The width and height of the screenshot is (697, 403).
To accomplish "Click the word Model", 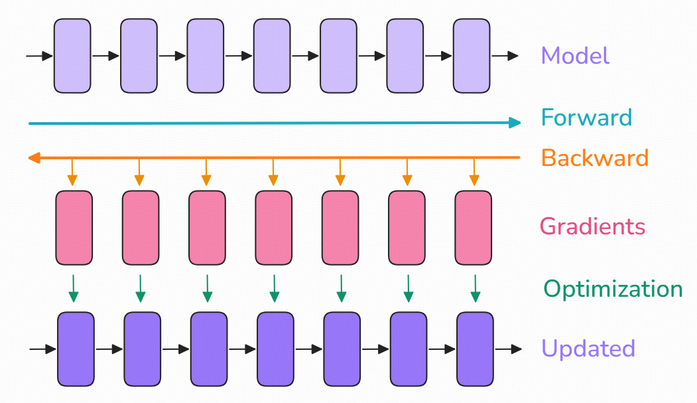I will (575, 56).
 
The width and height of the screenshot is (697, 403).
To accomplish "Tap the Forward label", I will (586, 118).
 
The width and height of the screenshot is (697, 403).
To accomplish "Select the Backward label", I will (594, 158).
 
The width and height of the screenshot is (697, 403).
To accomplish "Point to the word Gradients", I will (592, 226).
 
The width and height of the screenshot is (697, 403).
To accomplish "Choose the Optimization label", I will (613, 289).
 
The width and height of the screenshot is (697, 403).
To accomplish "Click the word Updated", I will (588, 349).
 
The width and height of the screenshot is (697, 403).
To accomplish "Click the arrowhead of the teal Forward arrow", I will (515, 122).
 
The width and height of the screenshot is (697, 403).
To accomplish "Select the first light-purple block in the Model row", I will (72, 56).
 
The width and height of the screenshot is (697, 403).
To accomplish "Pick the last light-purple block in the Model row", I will (472, 56).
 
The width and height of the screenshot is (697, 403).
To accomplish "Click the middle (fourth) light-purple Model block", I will (272, 56).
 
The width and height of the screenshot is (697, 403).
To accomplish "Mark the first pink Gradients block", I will (74, 227).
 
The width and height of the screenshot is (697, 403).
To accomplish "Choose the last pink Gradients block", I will (474, 227).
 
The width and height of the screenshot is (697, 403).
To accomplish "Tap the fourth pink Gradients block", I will (274, 227).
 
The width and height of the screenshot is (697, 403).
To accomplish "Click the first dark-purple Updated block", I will (76, 349).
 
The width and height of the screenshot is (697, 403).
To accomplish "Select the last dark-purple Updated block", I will (475, 349).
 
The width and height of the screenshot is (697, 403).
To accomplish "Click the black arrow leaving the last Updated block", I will (508, 349).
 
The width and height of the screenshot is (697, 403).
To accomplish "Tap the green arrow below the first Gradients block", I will (74, 288).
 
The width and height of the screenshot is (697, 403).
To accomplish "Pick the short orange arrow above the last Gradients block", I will (474, 173).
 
